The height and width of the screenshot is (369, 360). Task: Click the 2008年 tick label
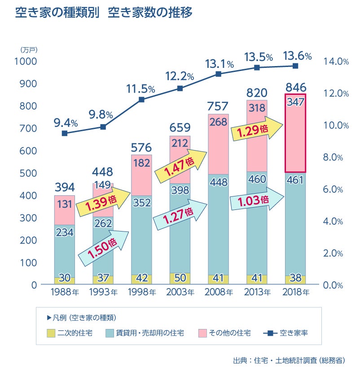coord(219,293)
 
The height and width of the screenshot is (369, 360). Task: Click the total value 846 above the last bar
coord(296,86)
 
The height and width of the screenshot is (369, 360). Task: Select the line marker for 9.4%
coord(65,133)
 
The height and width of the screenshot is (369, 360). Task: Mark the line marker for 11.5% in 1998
coord(141,99)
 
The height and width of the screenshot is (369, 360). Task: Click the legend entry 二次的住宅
coord(71,333)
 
